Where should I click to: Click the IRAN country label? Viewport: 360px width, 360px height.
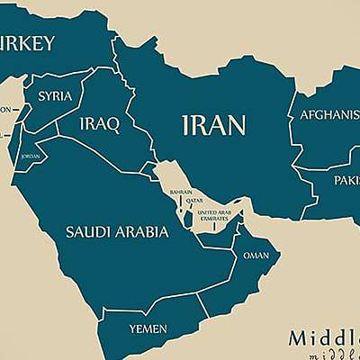[x=214, y=124]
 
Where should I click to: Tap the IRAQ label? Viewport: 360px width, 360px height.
[x=99, y=124]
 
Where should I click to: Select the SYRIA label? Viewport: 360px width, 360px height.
[x=55, y=95]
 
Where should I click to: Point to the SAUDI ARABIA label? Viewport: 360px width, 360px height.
[x=117, y=232]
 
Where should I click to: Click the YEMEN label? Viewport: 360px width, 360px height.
[x=148, y=329]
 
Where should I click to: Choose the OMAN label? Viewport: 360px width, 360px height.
[x=256, y=256]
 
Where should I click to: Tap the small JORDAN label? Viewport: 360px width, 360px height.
[x=30, y=155]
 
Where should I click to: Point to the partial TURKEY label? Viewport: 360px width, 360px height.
[x=27, y=43]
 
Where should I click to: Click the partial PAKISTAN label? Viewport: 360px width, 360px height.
[x=346, y=180]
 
